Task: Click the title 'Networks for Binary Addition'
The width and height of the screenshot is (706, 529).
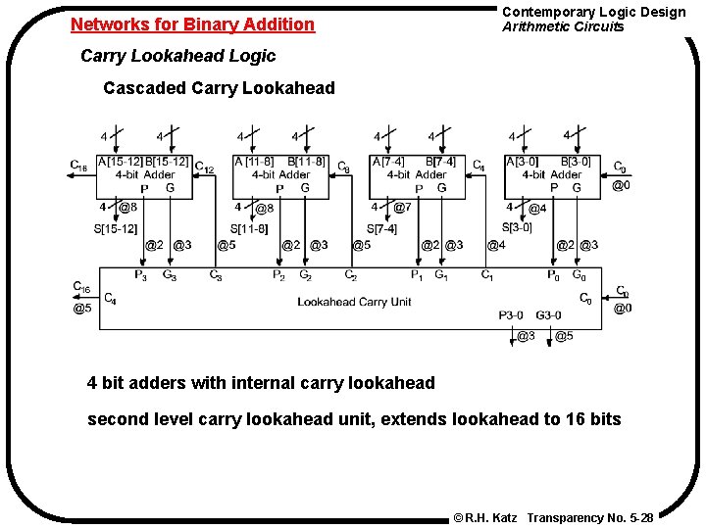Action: tap(193, 24)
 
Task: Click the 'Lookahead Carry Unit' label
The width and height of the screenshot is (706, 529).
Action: tap(354, 302)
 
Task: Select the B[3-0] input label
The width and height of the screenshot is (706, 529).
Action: tap(576, 162)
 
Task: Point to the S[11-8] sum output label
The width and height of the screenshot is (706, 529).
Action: tap(248, 228)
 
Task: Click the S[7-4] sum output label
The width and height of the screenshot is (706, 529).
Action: tap(381, 228)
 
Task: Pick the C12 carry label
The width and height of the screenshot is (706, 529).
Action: tap(205, 168)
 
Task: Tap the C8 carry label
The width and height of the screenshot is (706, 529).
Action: tap(343, 168)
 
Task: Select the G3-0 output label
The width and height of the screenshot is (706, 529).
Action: tap(549, 315)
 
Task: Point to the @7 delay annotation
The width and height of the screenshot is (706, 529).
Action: tap(401, 208)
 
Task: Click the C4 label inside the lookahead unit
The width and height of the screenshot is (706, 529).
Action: tap(110, 298)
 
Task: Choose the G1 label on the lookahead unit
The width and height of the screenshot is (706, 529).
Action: tap(441, 275)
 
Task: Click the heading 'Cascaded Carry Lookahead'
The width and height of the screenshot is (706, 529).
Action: tap(219, 88)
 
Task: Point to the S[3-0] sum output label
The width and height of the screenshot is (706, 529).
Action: tap(518, 228)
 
